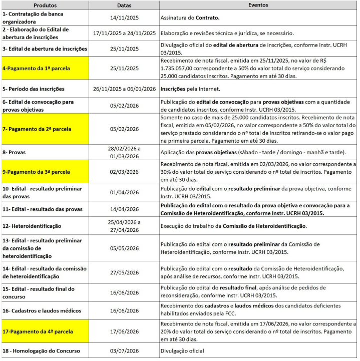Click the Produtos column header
tap(46, 5)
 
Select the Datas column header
tap(125, 5)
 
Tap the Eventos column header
tap(258, 5)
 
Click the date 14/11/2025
tap(125, 18)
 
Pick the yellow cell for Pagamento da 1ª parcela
tap(46, 68)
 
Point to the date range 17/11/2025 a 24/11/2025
tap(125, 33)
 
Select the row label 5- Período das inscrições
tap(34, 89)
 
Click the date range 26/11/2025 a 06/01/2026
tap(125, 89)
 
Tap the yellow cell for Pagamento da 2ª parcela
tap(46, 128)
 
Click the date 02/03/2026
tap(125, 171)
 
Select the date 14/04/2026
tap(125, 209)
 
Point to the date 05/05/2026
tap(125, 248)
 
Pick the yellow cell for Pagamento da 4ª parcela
tap(46, 331)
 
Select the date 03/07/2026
tap(125, 351)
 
